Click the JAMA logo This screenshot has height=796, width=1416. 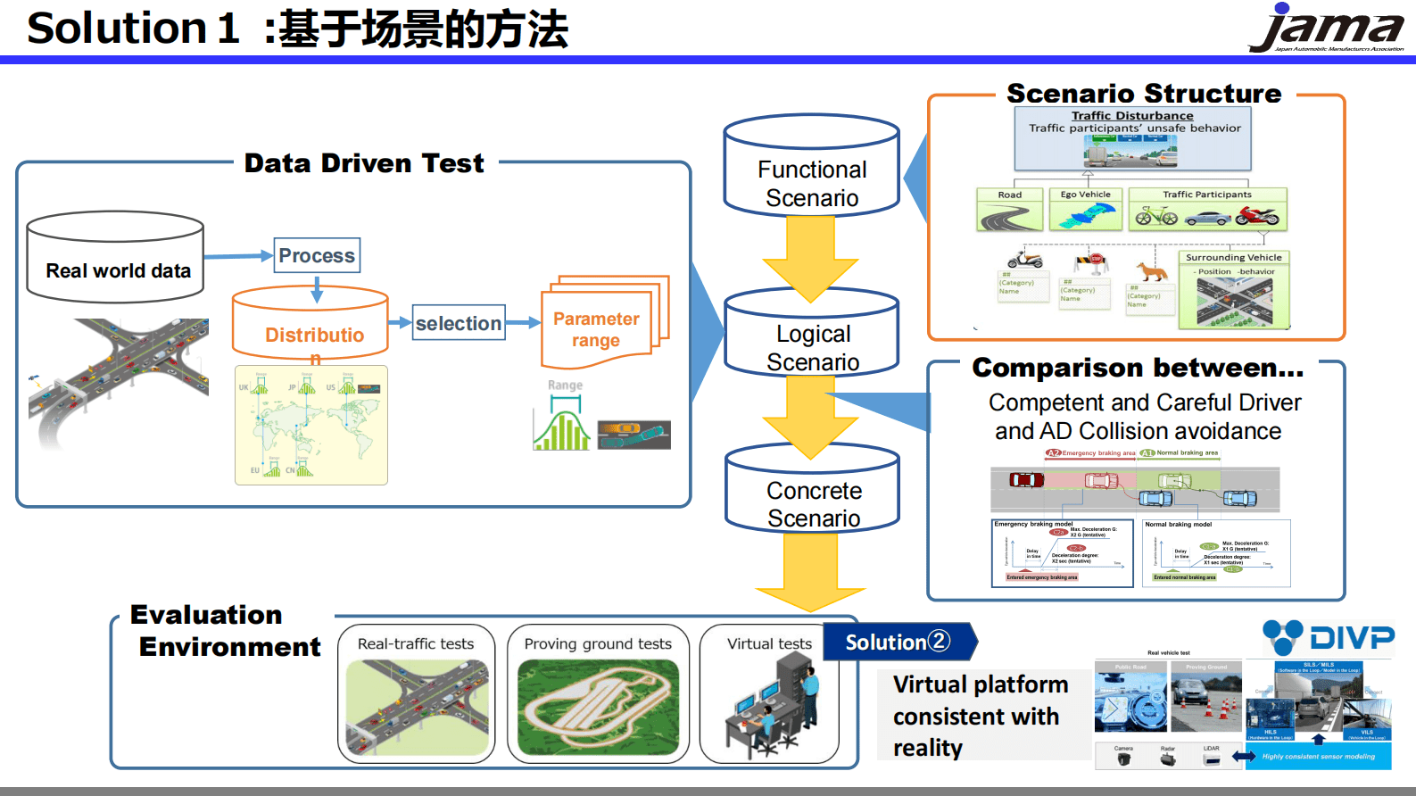click(x=1328, y=29)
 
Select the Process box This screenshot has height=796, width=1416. click(x=317, y=255)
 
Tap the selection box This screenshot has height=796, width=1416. click(x=459, y=323)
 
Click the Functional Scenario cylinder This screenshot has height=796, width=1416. click(x=811, y=174)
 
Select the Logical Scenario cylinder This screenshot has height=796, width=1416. click(x=812, y=339)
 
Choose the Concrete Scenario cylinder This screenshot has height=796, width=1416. click(x=813, y=496)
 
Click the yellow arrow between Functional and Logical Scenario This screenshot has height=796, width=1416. click(x=810, y=254)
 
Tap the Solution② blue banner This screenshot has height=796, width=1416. click(x=897, y=642)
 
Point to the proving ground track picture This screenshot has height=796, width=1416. click(x=598, y=707)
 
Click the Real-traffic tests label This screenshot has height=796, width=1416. click(x=416, y=644)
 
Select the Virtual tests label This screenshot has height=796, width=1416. click(x=769, y=644)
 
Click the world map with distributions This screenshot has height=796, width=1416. click(x=311, y=426)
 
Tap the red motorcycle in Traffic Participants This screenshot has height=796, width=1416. click(x=1258, y=216)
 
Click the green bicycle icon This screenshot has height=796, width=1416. click(x=1155, y=215)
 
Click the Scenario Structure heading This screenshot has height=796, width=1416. click(x=1144, y=94)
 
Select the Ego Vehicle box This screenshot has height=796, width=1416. click(x=1085, y=208)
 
